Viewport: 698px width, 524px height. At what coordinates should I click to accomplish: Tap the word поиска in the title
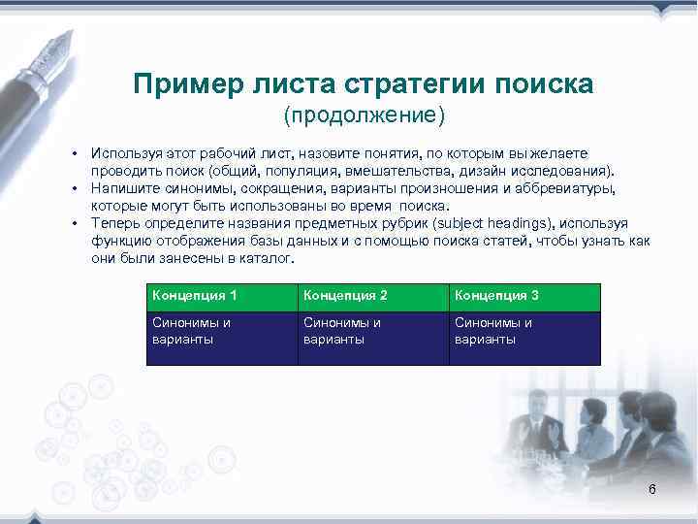pyautogui.click(x=544, y=84)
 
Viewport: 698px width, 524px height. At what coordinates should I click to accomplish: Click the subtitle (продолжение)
pyautogui.click(x=364, y=116)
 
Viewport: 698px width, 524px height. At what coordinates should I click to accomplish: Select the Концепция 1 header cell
pyautogui.click(x=222, y=296)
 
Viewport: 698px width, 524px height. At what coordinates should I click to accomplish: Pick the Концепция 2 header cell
pyautogui.click(x=373, y=296)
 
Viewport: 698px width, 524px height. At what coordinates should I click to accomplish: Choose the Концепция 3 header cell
pyautogui.click(x=524, y=296)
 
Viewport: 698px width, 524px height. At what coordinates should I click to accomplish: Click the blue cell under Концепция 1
pyautogui.click(x=222, y=338)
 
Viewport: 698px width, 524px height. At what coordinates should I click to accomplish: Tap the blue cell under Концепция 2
pyautogui.click(x=373, y=338)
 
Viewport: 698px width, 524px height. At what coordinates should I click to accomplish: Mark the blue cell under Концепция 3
pyautogui.click(x=524, y=338)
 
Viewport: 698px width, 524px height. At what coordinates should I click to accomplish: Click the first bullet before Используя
pyautogui.click(x=72, y=155)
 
